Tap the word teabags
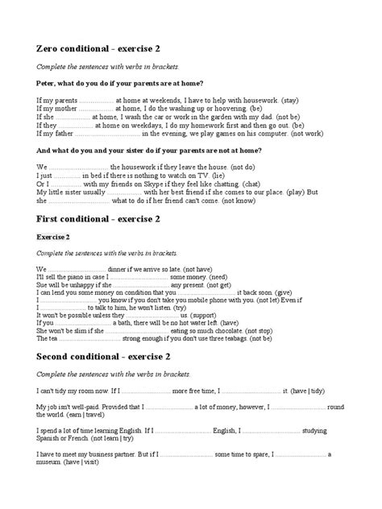[255, 339]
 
